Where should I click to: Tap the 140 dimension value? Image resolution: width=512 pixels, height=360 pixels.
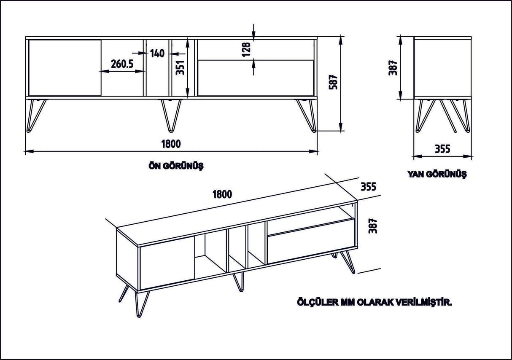click(156, 53)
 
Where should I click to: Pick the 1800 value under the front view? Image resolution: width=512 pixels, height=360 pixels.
click(171, 144)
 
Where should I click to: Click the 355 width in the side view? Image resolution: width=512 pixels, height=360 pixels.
click(442, 149)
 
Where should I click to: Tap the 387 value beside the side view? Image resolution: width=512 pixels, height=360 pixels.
click(393, 67)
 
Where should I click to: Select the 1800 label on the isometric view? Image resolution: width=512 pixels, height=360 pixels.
click(222, 194)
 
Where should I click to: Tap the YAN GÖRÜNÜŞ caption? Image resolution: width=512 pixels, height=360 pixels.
click(437, 174)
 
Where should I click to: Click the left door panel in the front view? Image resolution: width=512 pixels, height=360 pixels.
click(65, 67)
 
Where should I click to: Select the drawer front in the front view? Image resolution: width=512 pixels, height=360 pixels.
click(256, 78)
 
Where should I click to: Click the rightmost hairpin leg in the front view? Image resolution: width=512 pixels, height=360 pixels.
click(307, 115)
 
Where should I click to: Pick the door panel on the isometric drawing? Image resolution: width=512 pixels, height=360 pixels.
click(167, 262)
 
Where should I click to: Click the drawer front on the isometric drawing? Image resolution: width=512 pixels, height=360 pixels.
click(310, 242)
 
